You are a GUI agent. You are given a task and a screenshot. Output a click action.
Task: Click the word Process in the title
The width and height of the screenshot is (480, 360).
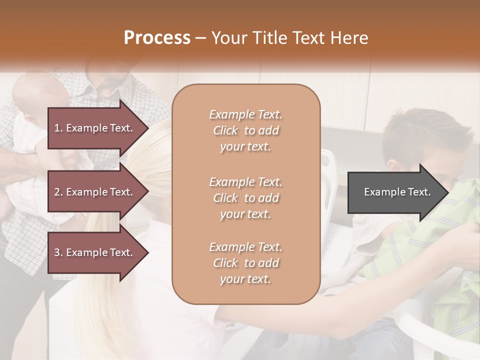tap(157, 38)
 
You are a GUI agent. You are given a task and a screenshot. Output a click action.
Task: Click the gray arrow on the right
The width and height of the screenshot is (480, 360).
tap(395, 192)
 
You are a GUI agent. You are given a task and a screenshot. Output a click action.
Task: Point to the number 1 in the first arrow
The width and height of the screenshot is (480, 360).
tap(56, 128)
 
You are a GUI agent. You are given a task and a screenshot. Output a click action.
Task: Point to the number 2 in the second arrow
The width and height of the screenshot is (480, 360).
tap(57, 192)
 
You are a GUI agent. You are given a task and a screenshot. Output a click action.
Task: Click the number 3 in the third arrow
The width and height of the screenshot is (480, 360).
tap(57, 252)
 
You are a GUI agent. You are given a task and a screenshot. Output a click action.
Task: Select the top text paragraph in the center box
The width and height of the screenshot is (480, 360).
tap(245, 130)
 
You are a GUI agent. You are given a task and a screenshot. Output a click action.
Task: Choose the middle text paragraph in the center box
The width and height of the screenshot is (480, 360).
tap(245, 198)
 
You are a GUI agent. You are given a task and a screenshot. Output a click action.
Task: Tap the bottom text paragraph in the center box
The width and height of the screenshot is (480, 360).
tap(245, 263)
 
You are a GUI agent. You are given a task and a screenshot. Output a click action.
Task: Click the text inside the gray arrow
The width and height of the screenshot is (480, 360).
tap(397, 192)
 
